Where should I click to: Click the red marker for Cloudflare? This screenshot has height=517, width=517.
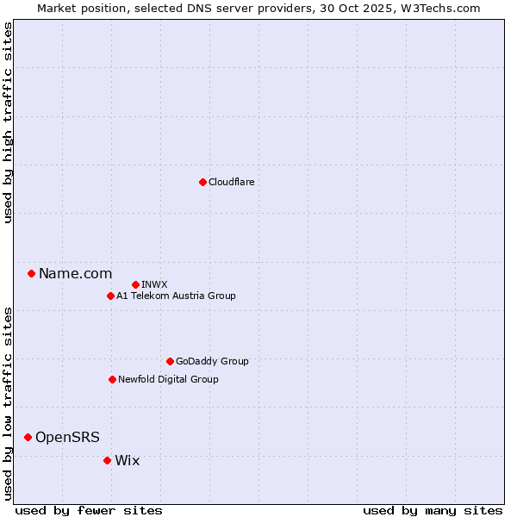202,182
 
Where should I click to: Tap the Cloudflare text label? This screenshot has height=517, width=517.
231,182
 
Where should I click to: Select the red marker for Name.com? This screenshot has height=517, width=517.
31,273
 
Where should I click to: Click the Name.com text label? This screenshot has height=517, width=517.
75,274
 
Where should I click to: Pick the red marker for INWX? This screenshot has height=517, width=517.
135,284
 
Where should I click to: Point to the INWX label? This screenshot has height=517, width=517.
154,284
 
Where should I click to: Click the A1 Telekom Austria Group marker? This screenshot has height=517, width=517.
110,296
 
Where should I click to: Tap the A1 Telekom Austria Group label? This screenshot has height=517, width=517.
176,296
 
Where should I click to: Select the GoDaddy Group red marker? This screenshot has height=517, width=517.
170,361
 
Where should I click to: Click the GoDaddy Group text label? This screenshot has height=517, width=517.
212,361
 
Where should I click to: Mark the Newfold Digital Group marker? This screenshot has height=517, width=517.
112,379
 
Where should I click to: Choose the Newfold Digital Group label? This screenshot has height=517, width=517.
168,379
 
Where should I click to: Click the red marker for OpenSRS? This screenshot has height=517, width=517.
28,437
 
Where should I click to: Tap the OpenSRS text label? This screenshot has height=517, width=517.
67,438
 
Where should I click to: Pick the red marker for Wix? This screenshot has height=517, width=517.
107,460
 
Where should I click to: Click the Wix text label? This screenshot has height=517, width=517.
127,461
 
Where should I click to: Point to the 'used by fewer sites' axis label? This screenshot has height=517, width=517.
89,510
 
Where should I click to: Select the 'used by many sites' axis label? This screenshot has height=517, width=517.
433,510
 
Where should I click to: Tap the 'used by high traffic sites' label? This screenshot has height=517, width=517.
9,123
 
